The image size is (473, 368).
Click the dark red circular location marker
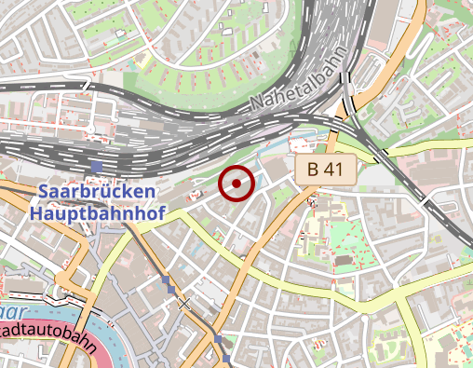click(236, 184)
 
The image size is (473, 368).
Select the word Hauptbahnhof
click(97, 213)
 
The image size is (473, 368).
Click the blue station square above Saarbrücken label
click(97, 168)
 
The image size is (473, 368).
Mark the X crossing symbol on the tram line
click(184, 303)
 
